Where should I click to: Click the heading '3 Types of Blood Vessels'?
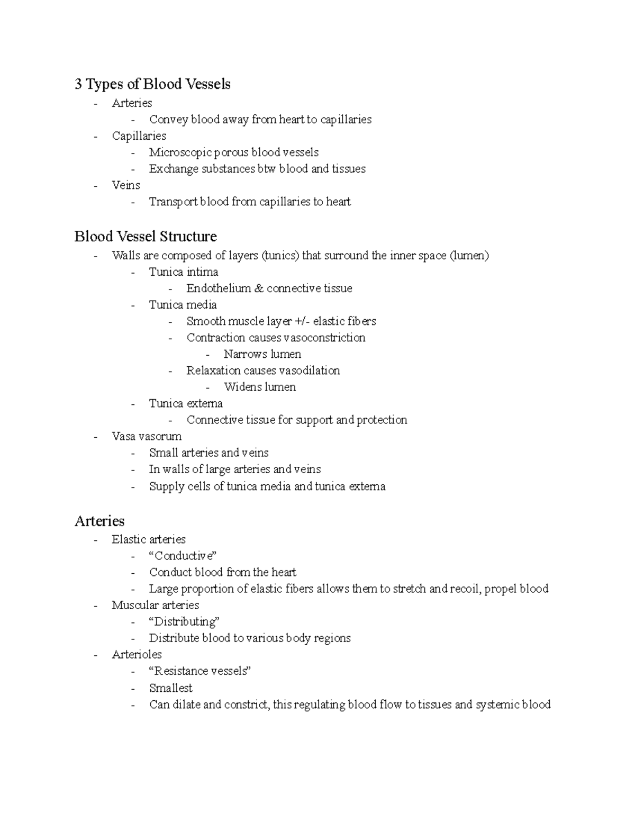pos(152,84)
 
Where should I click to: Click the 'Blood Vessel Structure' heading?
pos(146,236)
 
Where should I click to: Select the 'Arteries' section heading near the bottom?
pos(99,521)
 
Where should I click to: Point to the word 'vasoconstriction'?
pos(324,338)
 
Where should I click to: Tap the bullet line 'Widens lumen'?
pos(259,387)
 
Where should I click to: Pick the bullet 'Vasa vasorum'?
pos(147,436)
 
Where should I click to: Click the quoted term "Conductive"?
pos(183,556)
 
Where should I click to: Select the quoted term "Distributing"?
pos(184,621)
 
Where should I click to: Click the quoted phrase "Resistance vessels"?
pos(200,671)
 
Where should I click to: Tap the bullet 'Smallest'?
pos(170,688)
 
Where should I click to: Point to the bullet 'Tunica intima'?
pos(184,272)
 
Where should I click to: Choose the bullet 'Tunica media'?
pos(183,305)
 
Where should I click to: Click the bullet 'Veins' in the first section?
pos(126,185)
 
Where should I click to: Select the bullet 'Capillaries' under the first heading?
pos(139,136)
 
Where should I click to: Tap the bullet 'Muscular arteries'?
pos(155,605)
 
